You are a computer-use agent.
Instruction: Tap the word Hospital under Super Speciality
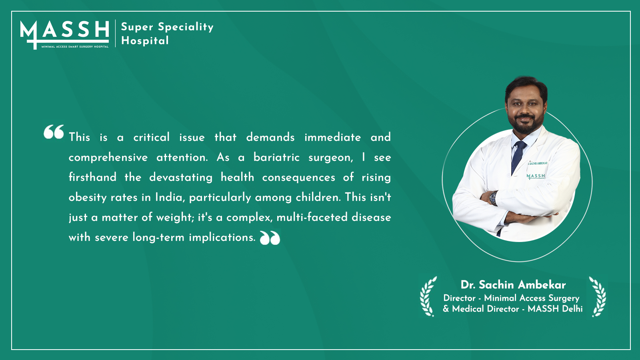pos(145,40)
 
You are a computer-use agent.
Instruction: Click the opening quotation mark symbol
pos(54,132)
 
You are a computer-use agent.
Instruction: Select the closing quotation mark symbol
pos(270,238)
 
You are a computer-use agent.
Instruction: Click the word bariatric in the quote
pos(276,157)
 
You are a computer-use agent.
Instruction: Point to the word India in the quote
pos(168,197)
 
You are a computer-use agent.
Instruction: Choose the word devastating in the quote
pos(181,178)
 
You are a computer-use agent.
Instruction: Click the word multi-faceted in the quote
pos(312,217)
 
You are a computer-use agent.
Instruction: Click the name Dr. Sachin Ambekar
pos(513,285)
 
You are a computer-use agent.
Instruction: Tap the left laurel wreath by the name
pos(428,296)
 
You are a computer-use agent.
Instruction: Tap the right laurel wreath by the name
pos(598,296)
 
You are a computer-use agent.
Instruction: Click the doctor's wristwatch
pos(493,198)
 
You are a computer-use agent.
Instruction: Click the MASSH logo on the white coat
pos(536,176)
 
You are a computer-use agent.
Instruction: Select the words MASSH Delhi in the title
pos(555,309)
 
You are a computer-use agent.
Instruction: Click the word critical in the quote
pos(152,137)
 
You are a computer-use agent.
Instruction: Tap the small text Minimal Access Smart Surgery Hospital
pos(75,46)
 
